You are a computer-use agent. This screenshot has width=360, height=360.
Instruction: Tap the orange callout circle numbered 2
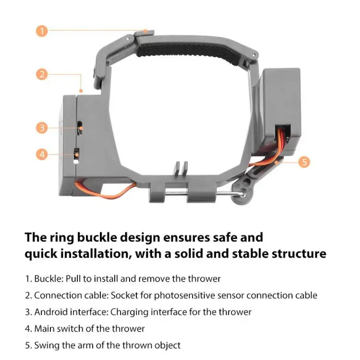pos(42,74)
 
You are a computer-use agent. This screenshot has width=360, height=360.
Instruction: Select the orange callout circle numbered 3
pos(42,128)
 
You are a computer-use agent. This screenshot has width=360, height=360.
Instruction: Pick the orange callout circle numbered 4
pos(42,154)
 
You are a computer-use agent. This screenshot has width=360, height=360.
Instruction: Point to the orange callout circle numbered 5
pos(303,162)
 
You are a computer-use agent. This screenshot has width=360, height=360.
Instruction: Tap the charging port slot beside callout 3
pos(81,128)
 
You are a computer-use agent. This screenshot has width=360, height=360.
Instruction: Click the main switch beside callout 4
pos(76,155)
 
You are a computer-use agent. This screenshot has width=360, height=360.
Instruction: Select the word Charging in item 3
pos(129,312)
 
